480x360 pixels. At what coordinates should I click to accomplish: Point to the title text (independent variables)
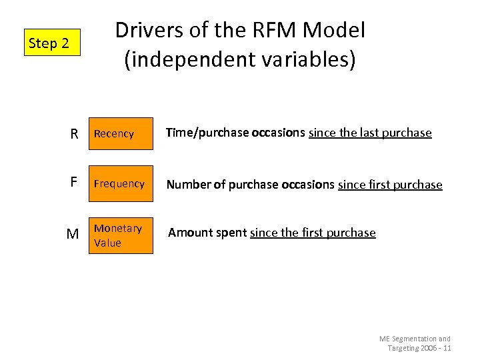[x=240, y=59]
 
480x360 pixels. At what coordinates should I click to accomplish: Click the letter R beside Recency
[x=75, y=134]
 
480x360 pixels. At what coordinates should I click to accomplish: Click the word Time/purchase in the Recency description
[x=207, y=133]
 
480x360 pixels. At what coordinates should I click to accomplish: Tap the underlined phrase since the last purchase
[x=370, y=133]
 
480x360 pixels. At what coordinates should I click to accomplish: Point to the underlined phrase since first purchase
[x=390, y=185]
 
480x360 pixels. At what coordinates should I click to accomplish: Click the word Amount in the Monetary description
[x=189, y=233]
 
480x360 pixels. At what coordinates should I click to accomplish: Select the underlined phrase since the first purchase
[x=313, y=233]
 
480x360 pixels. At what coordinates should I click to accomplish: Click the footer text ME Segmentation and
[x=415, y=339]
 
